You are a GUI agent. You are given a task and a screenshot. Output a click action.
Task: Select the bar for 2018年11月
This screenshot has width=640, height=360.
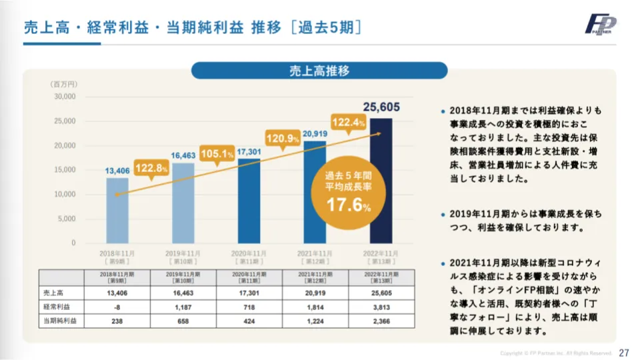[x=117, y=210]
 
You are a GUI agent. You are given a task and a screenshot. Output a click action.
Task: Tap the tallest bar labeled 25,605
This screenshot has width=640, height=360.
[x=381, y=180]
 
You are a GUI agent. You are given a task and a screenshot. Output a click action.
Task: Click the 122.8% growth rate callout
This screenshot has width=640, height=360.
[x=151, y=169]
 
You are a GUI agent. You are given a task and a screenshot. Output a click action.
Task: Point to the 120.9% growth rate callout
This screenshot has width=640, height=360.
[x=283, y=139]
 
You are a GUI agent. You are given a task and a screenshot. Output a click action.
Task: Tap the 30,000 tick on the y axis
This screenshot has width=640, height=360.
[x=65, y=97]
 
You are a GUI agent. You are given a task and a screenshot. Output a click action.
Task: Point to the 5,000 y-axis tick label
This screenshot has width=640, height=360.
[x=67, y=219]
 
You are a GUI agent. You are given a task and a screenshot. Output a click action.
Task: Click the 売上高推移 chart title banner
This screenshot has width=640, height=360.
[x=320, y=71]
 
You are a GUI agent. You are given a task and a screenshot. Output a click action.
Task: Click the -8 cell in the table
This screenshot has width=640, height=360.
[x=117, y=307]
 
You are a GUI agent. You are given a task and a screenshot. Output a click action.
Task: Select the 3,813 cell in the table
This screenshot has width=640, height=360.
[x=381, y=307]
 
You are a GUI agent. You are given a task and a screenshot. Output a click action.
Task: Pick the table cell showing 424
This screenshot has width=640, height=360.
[x=249, y=321]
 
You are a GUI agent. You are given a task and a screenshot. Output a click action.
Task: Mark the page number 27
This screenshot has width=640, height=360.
[x=624, y=352]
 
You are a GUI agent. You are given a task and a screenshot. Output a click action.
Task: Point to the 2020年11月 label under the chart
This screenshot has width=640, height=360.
[x=249, y=254]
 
